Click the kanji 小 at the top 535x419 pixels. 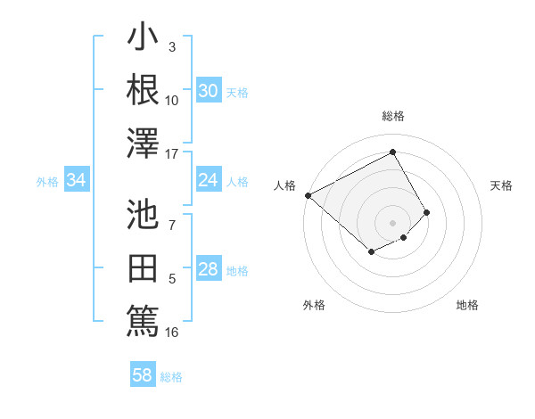(x=143, y=39)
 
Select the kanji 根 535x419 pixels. (x=143, y=90)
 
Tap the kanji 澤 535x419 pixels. (x=143, y=144)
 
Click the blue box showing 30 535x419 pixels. (x=209, y=91)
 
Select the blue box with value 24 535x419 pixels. (x=209, y=181)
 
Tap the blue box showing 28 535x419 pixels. (x=209, y=270)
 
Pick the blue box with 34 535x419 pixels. (x=77, y=181)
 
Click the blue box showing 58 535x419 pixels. (x=143, y=375)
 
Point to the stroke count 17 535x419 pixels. (x=172, y=153)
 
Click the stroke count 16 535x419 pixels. (x=172, y=333)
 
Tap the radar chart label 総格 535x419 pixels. (x=392, y=116)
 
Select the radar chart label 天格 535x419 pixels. (x=502, y=185)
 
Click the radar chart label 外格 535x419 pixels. (x=314, y=305)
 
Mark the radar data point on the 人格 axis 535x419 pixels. (x=308, y=195)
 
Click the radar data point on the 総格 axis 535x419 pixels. (x=392, y=152)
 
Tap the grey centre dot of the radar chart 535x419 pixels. (x=392, y=222)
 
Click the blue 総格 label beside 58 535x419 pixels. (x=171, y=377)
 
